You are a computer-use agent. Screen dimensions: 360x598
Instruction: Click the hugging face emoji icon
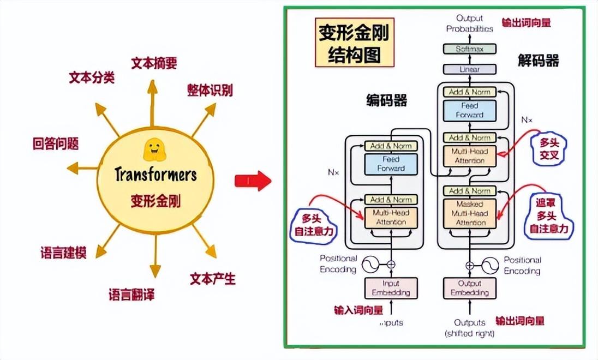[x=154, y=149]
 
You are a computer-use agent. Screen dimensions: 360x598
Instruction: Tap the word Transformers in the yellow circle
[x=156, y=175]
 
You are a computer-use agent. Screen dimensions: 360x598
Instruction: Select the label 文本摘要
[x=154, y=64]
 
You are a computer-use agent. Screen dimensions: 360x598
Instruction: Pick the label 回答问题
[x=56, y=144]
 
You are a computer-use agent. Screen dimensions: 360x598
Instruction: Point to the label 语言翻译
[x=131, y=296]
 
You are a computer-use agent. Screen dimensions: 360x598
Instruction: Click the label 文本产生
[x=213, y=279]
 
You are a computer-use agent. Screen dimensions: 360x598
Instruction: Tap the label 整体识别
[x=210, y=91]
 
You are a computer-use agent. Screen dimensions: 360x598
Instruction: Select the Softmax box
[x=469, y=49]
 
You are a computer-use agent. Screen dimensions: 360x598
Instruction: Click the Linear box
[x=469, y=69]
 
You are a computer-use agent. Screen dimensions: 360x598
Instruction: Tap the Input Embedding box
[x=391, y=288]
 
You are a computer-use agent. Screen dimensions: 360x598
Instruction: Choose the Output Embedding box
[x=469, y=288]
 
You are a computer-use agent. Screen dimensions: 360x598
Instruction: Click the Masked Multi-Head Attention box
[x=469, y=213]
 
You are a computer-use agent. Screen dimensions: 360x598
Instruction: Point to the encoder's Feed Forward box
[x=391, y=164]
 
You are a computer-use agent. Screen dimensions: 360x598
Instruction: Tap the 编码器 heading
[x=387, y=100]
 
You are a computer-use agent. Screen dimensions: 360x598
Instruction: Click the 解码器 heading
[x=538, y=61]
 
